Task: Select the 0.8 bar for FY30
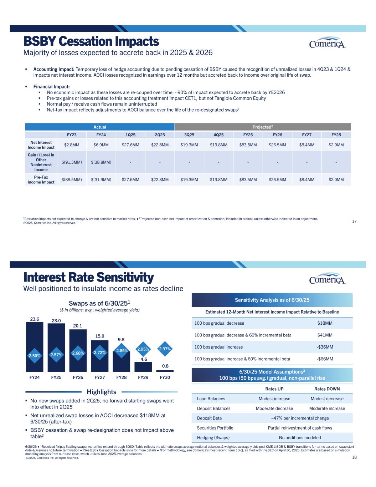165,371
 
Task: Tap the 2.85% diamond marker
121,351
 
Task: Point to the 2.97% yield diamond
165,349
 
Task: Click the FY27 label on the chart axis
99,377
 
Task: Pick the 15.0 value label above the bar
100,336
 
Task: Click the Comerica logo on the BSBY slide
327,43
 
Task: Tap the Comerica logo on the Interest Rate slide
327,279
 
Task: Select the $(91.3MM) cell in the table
72,162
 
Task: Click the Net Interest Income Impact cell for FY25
248,145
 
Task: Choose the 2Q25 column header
160,135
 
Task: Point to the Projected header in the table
263,127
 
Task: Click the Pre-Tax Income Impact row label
41,180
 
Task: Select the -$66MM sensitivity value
325,359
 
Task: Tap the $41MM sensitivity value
325,335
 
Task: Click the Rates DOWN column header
327,389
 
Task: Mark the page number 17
354,222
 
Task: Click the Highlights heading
102,392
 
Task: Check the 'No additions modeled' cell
300,438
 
